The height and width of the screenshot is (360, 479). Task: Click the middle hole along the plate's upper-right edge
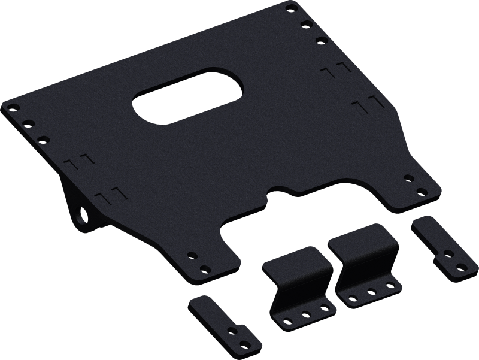pyautogui.click(x=305, y=24)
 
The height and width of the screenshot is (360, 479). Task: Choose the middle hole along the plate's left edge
pyautogui.click(x=27, y=124)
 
